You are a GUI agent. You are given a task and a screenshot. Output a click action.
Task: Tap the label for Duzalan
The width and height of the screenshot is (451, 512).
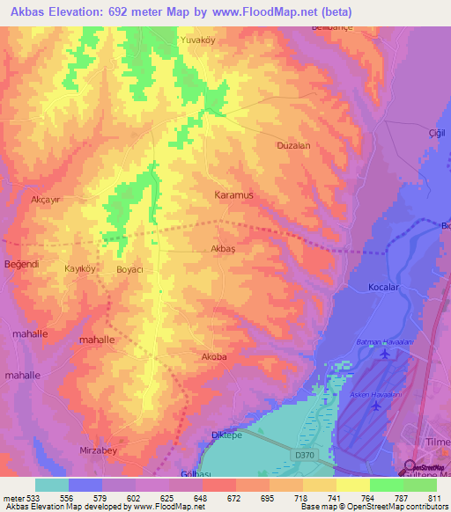pos(293,146)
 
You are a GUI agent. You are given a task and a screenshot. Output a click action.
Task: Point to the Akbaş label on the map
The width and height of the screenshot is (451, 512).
pos(223,249)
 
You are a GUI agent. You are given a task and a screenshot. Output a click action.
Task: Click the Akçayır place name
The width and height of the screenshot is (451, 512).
pos(46,200)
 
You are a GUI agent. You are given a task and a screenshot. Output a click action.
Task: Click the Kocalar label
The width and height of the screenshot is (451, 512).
pos(384,288)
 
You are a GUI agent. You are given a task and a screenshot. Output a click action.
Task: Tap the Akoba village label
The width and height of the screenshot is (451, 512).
pos(214,357)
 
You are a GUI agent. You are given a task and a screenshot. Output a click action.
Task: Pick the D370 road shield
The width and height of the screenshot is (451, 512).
pos(304,454)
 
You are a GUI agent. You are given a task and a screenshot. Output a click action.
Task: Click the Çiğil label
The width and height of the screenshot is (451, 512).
pos(433,134)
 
